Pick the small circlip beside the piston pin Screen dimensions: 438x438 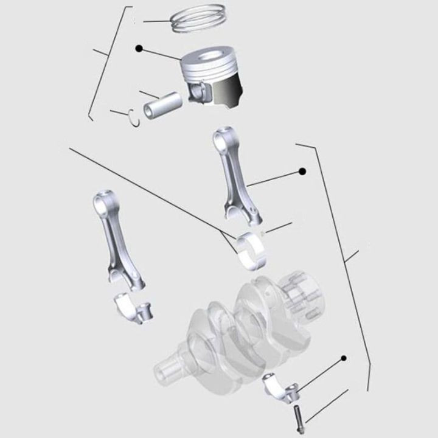pyautogui.click(x=134, y=116)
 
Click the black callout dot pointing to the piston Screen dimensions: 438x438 pyautogui.click(x=139, y=47)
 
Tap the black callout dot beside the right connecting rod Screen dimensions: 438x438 pyautogui.click(x=302, y=172)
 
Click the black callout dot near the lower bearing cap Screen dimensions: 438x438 pyautogui.click(x=344, y=358)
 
